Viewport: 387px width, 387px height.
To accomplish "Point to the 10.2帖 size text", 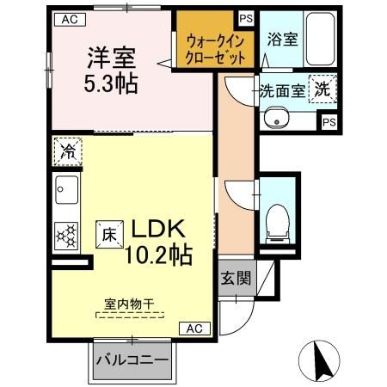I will click(159, 255).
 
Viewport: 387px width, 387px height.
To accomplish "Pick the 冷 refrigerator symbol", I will click(66, 153).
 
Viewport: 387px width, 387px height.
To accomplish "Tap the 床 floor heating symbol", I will click(110, 231).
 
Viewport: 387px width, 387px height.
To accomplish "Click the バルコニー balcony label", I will click(132, 359).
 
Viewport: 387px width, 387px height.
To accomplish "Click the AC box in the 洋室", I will click(70, 19).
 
